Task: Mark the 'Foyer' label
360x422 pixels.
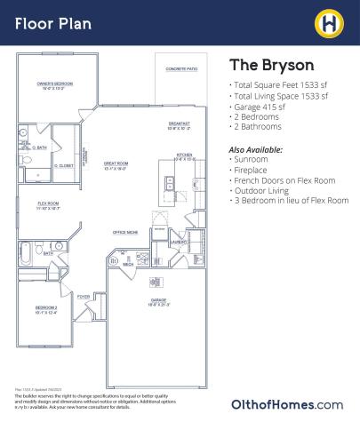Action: point(83,297)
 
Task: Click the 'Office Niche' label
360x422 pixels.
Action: point(125,233)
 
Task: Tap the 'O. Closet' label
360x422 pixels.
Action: point(62,166)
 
